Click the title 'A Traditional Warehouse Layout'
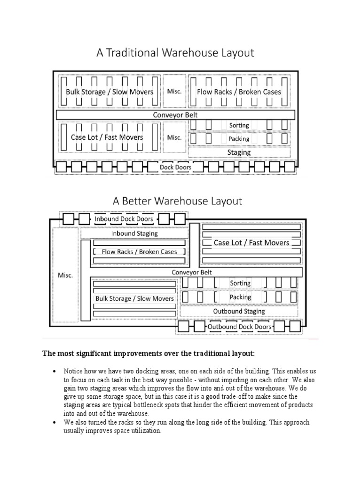click(175, 53)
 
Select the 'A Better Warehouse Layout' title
click(177, 201)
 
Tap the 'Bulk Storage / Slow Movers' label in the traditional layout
click(110, 92)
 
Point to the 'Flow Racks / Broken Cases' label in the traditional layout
click(239, 92)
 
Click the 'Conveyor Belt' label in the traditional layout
click(175, 115)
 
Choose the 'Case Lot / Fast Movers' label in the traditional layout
click(107, 137)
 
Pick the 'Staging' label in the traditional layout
click(239, 153)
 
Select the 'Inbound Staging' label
click(134, 233)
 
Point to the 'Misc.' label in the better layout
click(65, 275)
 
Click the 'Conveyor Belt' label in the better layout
click(192, 272)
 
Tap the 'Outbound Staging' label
click(239, 311)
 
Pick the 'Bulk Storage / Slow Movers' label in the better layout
click(134, 298)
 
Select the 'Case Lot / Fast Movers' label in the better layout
click(251, 243)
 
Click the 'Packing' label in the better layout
click(240, 297)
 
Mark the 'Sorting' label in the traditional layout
click(239, 125)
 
